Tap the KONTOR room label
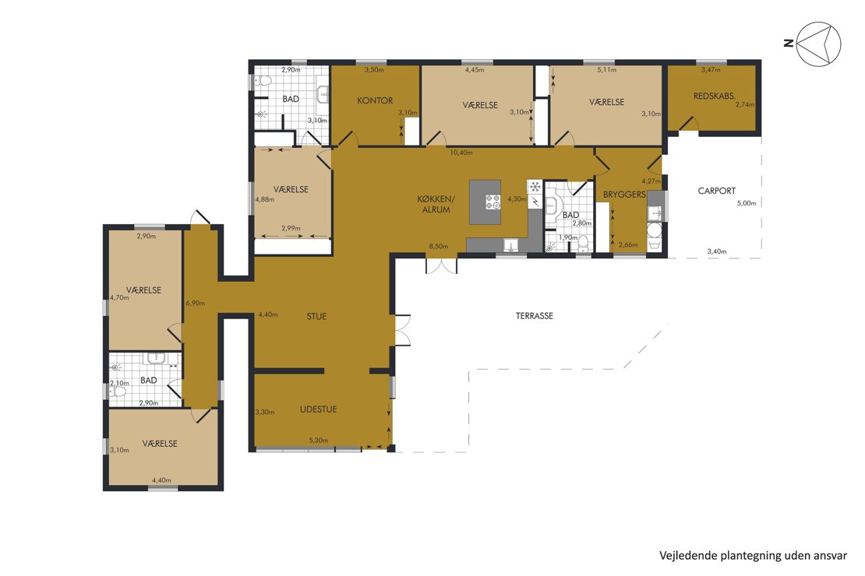tap(375, 100)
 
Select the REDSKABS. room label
tap(715, 96)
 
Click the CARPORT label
tap(717, 191)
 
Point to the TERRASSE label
tap(534, 316)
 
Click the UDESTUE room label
tap(318, 409)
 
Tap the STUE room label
tap(316, 316)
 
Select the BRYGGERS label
tap(624, 195)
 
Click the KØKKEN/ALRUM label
tap(436, 205)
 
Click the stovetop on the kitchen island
tap(493, 202)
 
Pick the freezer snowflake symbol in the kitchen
tap(535, 187)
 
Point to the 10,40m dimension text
tap(461, 152)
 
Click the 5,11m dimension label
tap(607, 70)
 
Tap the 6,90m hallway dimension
tap(196, 303)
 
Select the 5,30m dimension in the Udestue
tap(318, 441)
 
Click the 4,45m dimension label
tap(475, 70)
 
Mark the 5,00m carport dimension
tap(747, 203)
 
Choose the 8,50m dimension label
tap(439, 247)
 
